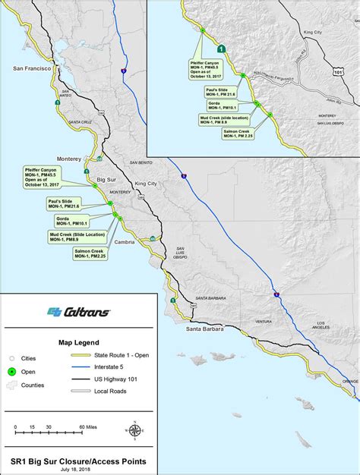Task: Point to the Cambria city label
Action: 123,242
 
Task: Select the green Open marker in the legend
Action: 12,371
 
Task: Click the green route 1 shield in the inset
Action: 219,47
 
